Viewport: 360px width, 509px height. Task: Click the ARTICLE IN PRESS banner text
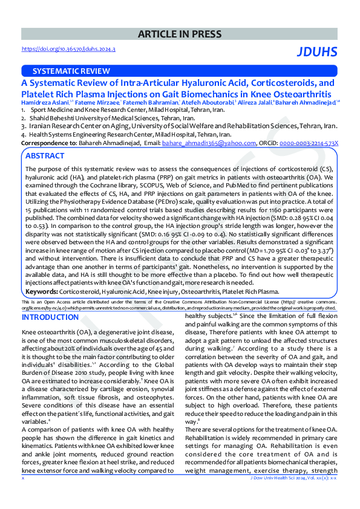(x=180, y=34)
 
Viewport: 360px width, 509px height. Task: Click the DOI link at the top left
(x=68, y=49)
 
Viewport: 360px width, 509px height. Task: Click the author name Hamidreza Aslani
(x=45, y=103)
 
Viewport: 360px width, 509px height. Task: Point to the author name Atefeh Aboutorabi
(x=203, y=103)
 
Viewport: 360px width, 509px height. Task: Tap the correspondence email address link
(x=208, y=143)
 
